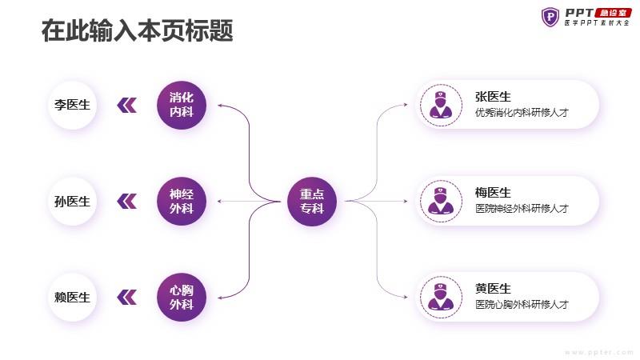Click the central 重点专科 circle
[312, 202]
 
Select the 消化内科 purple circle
[182, 105]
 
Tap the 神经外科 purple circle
[182, 202]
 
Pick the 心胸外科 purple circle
[182, 297]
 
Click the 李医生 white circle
[72, 105]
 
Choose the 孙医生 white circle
[72, 202]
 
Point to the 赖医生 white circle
[72, 297]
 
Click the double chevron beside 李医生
[127, 106]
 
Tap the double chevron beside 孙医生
[127, 202]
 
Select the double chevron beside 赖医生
[127, 297]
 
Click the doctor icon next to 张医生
[441, 105]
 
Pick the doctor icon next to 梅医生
[441, 202]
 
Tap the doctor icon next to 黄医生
[441, 297]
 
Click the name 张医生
[493, 97]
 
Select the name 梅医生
[493, 193]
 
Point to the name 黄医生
[493, 289]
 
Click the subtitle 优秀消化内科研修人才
[522, 113]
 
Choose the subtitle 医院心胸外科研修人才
[522, 305]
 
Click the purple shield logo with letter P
[550, 17]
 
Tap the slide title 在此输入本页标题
[137, 30]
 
